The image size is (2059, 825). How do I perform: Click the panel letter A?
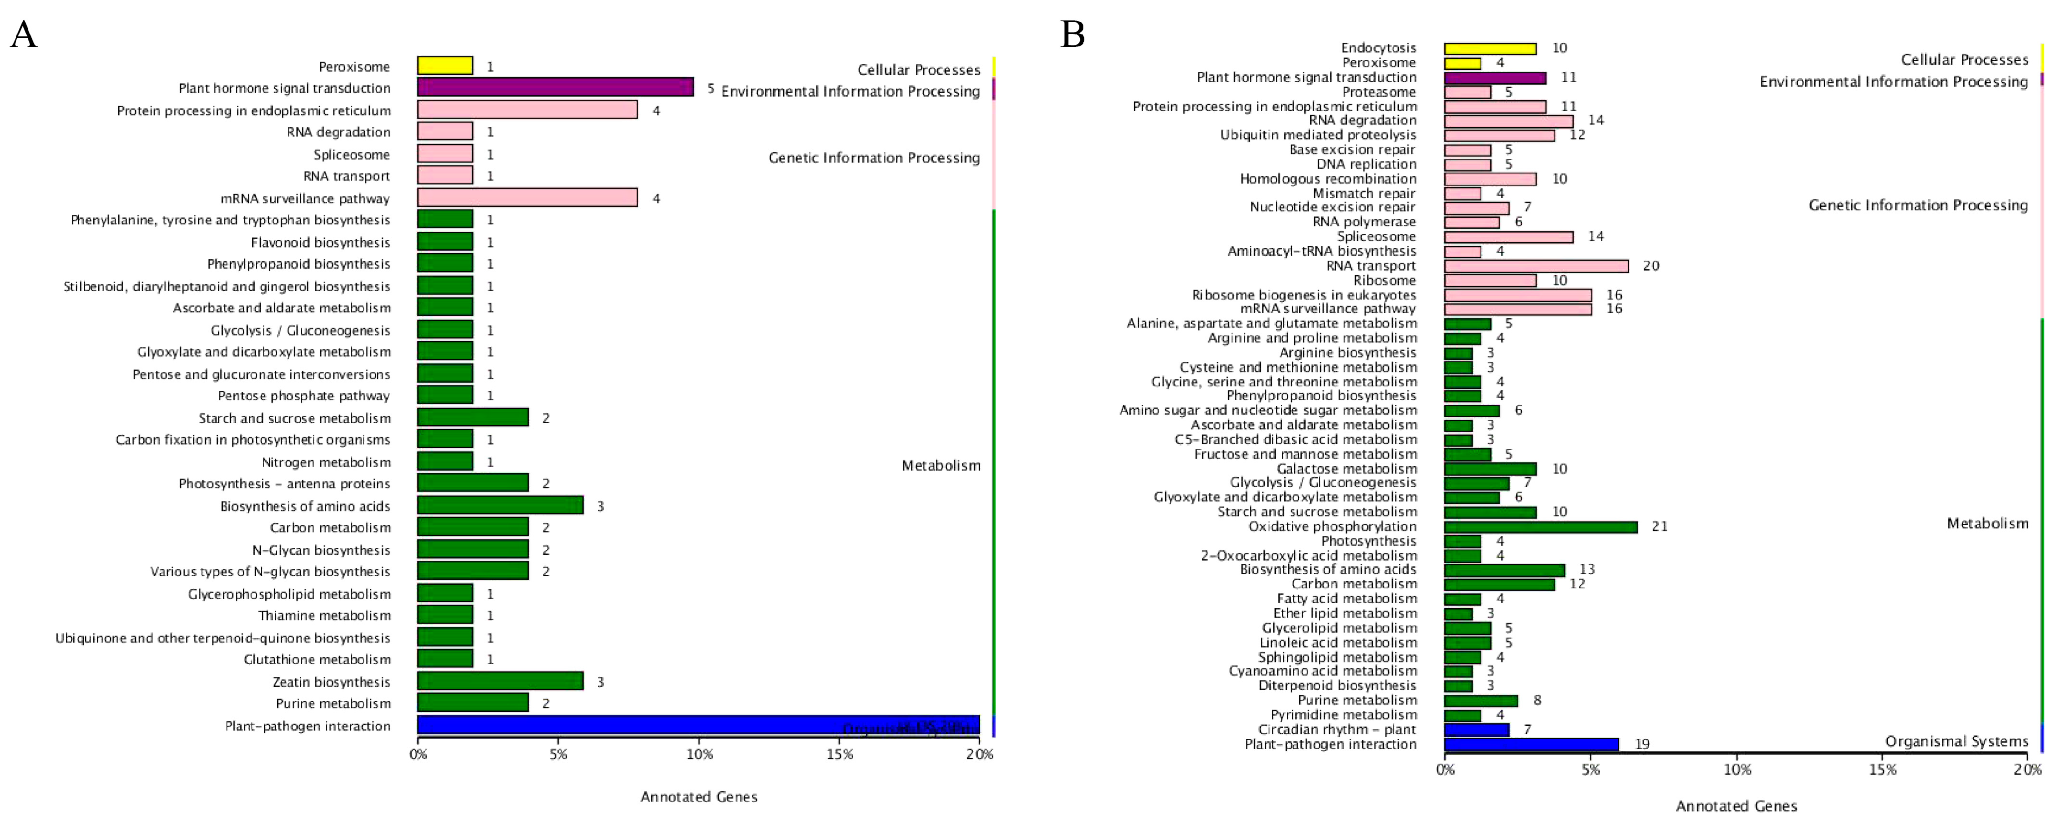click(24, 35)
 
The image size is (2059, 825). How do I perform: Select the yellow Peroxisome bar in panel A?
click(445, 66)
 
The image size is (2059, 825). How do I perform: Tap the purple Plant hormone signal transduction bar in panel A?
click(555, 87)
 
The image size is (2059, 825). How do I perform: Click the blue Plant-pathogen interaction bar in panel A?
click(698, 725)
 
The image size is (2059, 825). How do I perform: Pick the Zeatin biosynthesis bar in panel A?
click(501, 681)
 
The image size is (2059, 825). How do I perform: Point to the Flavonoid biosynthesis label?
click(321, 242)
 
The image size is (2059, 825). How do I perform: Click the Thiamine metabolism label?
click(325, 616)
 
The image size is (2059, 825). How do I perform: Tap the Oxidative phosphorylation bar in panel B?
click(1540, 527)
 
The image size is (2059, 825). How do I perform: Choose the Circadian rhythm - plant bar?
click(1476, 730)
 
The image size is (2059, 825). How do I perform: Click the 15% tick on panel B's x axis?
click(1883, 770)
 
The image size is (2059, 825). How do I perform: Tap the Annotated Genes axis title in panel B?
click(1736, 807)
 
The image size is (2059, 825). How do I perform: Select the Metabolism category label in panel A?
click(941, 465)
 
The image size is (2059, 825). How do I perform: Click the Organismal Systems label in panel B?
click(1957, 742)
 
